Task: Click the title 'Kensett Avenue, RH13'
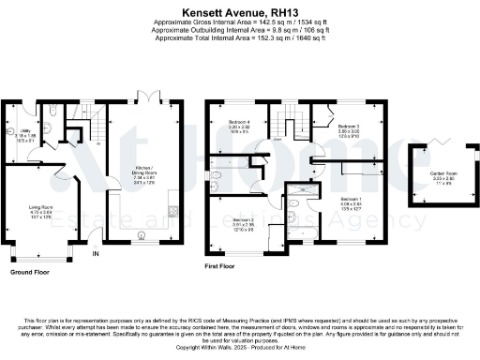(239, 7)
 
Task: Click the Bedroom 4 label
(239, 123)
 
